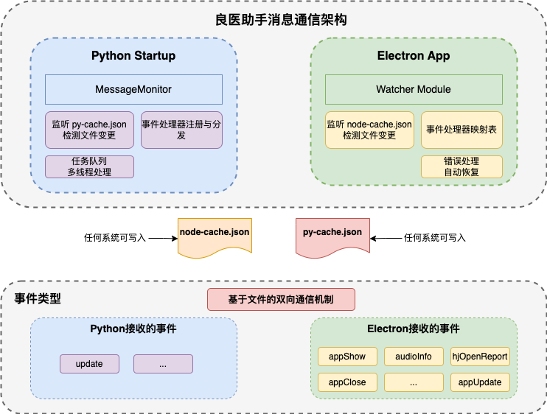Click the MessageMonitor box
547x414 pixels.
click(x=133, y=89)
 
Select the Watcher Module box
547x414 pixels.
click(x=414, y=89)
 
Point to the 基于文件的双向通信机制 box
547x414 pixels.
click(x=281, y=299)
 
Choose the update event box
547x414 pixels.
click(x=89, y=364)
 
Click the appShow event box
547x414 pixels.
click(x=347, y=357)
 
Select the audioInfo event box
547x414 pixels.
click(x=414, y=357)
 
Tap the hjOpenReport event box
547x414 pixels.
click(x=480, y=357)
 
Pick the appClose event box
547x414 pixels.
click(x=347, y=382)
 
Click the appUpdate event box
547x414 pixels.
click(x=480, y=382)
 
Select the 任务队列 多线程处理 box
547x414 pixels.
click(x=89, y=166)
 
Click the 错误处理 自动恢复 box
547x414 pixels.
click(x=461, y=166)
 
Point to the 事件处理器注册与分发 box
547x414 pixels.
click(x=181, y=130)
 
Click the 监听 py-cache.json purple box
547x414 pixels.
click(x=89, y=130)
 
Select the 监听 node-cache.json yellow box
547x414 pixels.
click(x=369, y=130)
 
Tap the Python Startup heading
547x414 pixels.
click(x=133, y=56)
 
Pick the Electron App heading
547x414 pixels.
click(x=414, y=56)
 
